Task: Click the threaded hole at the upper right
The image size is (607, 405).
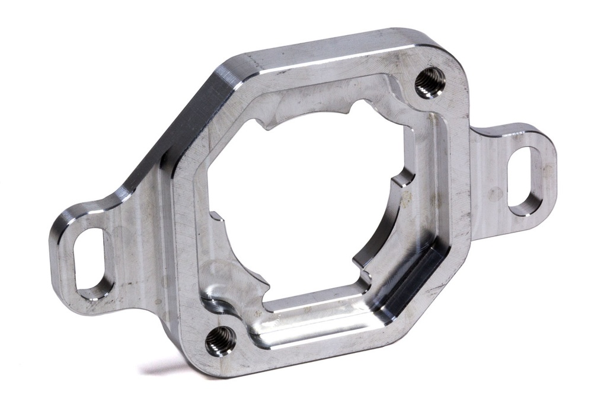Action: tap(430, 81)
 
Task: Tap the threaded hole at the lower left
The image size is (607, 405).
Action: tap(220, 340)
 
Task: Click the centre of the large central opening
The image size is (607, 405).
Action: tap(308, 208)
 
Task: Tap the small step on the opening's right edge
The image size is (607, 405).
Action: tap(404, 178)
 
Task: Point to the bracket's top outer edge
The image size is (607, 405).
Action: tap(332, 45)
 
